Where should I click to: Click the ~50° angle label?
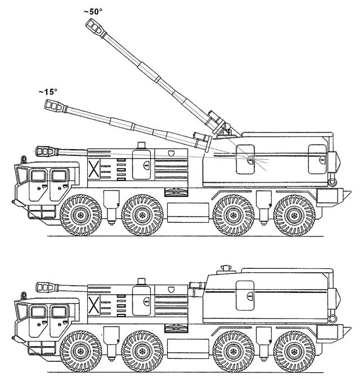[x=93, y=11]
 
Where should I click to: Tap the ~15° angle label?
[x=48, y=92]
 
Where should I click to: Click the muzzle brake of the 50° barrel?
[x=95, y=27]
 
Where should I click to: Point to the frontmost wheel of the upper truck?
[x=81, y=215]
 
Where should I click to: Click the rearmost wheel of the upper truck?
[x=294, y=215]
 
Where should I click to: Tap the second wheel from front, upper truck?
[x=142, y=215]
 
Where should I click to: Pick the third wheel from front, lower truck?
[x=233, y=351]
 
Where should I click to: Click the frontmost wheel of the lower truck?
[x=81, y=351]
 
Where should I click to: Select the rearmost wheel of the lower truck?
[x=294, y=351]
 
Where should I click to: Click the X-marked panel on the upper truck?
[x=93, y=169]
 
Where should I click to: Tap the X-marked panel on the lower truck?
[x=93, y=305]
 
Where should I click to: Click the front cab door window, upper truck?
[x=38, y=175]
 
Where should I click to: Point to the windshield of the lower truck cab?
[x=22, y=312]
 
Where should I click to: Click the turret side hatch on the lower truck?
[x=245, y=295]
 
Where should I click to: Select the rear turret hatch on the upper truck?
[x=318, y=159]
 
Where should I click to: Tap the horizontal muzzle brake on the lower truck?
[x=47, y=287]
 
